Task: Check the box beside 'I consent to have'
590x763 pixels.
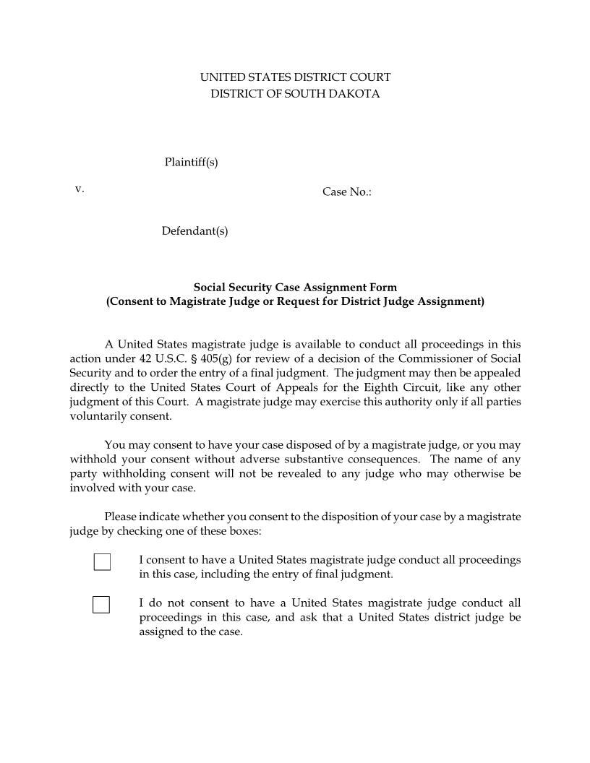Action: coord(102,561)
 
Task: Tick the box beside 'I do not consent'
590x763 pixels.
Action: coord(101,604)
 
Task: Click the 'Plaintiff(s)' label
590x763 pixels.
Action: coord(191,163)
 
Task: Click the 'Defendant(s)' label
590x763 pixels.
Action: coord(194,231)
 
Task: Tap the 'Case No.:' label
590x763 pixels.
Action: coord(347,192)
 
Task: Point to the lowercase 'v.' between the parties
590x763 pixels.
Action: coord(80,189)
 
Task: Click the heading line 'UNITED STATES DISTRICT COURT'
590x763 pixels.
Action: coord(295,77)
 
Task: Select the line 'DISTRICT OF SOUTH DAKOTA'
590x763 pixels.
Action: coord(295,94)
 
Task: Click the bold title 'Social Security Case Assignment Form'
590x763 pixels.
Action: coord(295,288)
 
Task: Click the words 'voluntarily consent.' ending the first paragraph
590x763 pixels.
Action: coord(121,416)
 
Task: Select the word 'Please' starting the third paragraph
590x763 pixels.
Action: coord(121,517)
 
